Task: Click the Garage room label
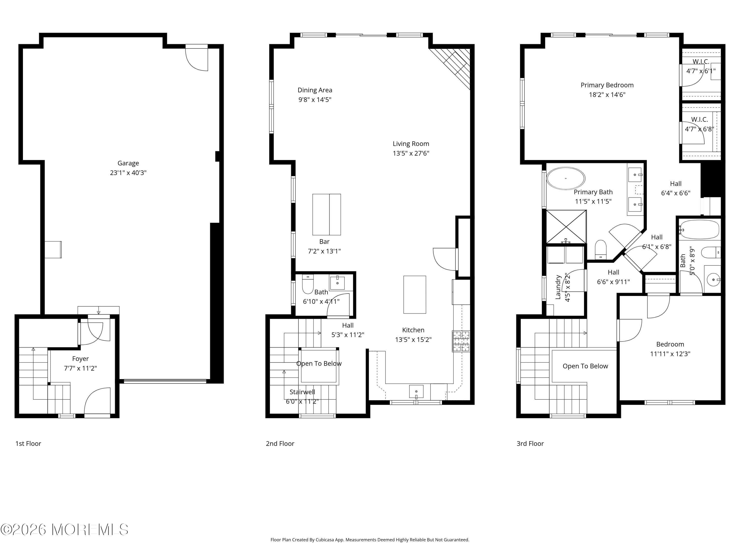click(128, 163)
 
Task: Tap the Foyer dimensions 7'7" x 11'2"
click(80, 368)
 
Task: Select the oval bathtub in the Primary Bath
click(566, 178)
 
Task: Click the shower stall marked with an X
click(566, 226)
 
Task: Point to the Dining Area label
click(314, 90)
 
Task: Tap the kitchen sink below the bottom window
click(416, 391)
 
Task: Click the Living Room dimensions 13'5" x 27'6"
click(411, 153)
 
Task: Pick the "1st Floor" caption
click(28, 444)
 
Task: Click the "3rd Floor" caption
click(530, 444)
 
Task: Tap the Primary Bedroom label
click(607, 85)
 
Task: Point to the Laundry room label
click(558, 287)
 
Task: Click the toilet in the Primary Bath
click(601, 249)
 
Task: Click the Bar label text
click(324, 241)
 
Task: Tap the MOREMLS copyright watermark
click(64, 530)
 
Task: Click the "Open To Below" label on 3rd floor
click(585, 366)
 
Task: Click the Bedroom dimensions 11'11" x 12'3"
click(670, 354)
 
